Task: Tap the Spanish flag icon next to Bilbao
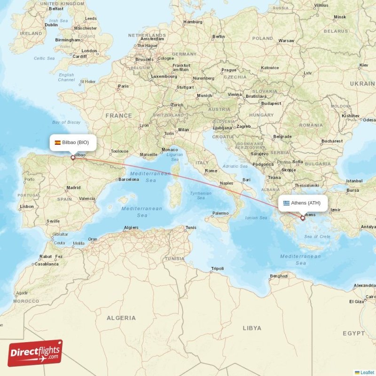[57, 142]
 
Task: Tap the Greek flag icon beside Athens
[286, 203]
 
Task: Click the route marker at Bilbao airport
[73, 157]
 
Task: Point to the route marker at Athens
[303, 218]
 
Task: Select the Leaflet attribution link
[367, 372]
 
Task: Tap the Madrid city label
[73, 188]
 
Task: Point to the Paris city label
[123, 86]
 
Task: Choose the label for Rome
[211, 171]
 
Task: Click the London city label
[89, 51]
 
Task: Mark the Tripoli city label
[217, 268]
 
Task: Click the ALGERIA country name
[121, 318]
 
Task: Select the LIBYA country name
[252, 328]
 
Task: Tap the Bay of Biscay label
[66, 122]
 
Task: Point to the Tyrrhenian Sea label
[201, 196]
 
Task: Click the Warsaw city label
[286, 41]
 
